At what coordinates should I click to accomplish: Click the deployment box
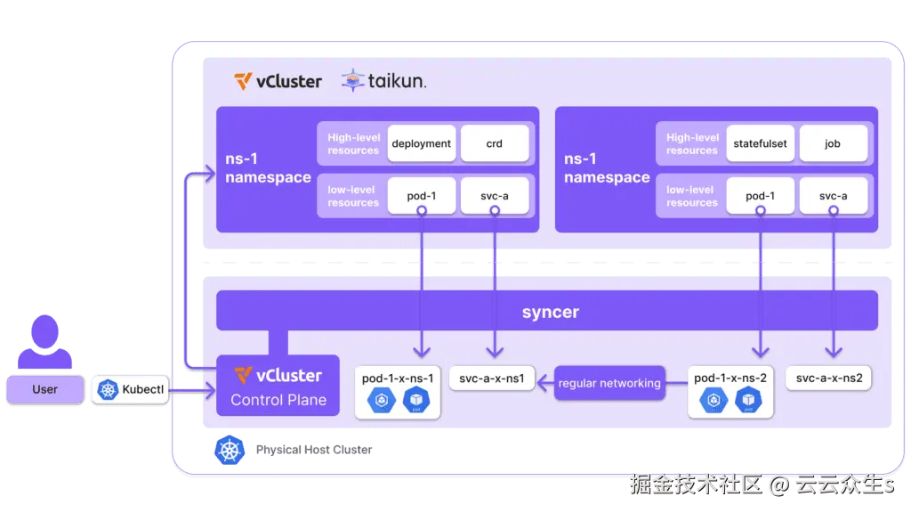(x=422, y=143)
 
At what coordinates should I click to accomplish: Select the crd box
(x=494, y=143)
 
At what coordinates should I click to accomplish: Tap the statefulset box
(x=760, y=143)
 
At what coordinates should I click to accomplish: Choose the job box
(x=833, y=143)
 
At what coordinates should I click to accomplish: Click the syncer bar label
(x=551, y=313)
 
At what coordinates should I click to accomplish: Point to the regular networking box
(x=609, y=383)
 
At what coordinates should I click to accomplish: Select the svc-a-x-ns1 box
(x=492, y=379)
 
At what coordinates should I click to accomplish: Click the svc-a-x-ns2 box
(x=828, y=379)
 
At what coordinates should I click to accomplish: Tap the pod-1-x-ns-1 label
(x=398, y=379)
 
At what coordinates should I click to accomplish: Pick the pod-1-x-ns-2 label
(x=730, y=379)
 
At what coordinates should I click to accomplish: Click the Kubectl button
(x=131, y=389)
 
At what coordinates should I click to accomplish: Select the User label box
(x=44, y=389)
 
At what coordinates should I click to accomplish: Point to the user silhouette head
(x=44, y=331)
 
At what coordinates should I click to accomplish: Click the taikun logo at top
(x=384, y=81)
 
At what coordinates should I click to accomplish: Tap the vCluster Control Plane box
(x=277, y=386)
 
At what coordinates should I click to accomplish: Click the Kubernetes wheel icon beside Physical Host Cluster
(x=230, y=450)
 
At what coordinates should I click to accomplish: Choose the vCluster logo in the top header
(x=278, y=81)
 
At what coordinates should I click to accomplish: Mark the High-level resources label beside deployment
(x=353, y=143)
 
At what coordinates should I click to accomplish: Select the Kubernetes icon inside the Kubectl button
(x=109, y=389)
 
